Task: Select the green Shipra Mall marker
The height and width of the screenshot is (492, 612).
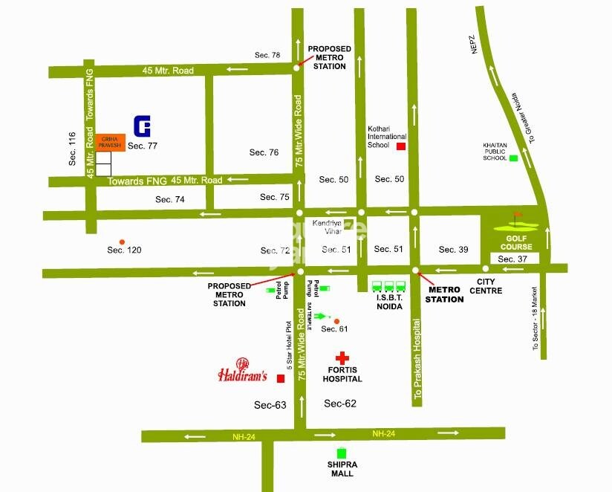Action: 342,453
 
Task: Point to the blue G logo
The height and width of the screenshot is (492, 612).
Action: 142,126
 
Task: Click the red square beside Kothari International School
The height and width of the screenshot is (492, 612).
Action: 401,146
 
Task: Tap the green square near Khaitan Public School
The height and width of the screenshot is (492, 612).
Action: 512,158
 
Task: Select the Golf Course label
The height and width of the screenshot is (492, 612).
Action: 516,242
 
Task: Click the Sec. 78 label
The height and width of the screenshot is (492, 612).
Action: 267,56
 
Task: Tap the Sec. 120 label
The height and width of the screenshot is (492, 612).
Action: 124,250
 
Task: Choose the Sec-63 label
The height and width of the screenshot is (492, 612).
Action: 270,404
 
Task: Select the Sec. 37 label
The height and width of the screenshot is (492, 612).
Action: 512,259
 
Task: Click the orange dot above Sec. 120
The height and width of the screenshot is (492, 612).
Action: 122,242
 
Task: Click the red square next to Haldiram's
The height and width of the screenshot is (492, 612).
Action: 280,379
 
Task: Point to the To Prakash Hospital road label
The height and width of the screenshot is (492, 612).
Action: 419,361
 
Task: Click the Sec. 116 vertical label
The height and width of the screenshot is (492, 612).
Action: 72,148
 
